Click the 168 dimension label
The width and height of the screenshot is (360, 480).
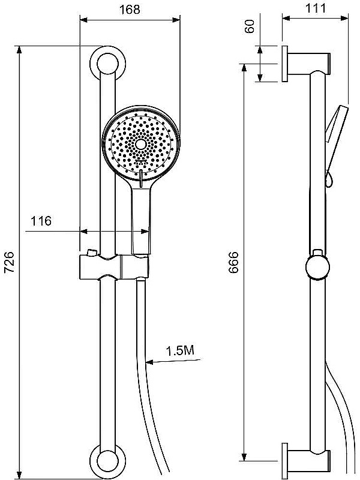pyautogui.click(x=130, y=10)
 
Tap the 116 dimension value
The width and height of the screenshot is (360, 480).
pyautogui.click(x=41, y=221)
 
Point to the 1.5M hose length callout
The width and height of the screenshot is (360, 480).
pyautogui.click(x=180, y=350)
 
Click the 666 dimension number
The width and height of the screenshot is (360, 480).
pyautogui.click(x=234, y=262)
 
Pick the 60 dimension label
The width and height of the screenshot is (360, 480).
pyautogui.click(x=250, y=26)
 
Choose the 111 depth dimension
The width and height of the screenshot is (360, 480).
pyautogui.click(x=316, y=8)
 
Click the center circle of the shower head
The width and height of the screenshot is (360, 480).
pyautogui.click(x=141, y=144)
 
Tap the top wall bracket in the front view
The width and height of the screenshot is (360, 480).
pyautogui.click(x=108, y=64)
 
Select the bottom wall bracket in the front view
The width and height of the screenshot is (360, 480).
pyautogui.click(x=108, y=461)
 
